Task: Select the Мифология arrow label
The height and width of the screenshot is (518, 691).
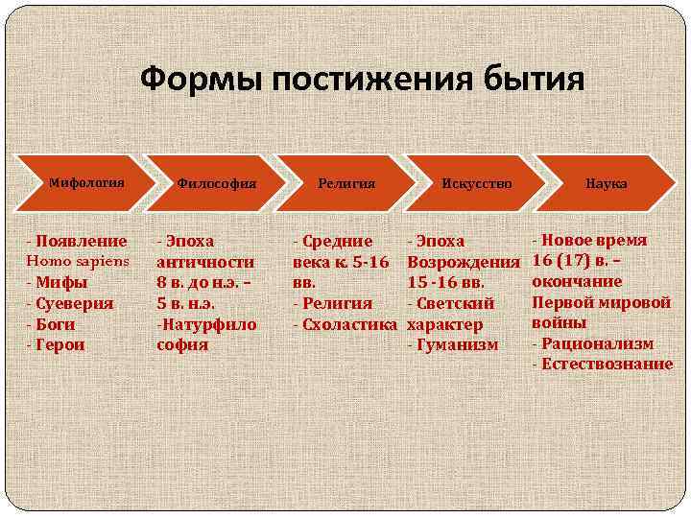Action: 87,179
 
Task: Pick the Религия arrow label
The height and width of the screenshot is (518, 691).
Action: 346,182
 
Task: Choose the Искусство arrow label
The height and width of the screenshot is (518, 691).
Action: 477,182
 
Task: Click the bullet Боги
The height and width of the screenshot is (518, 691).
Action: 60,324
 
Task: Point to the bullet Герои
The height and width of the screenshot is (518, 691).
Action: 63,344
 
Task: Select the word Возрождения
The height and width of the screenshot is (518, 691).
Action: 464,262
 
